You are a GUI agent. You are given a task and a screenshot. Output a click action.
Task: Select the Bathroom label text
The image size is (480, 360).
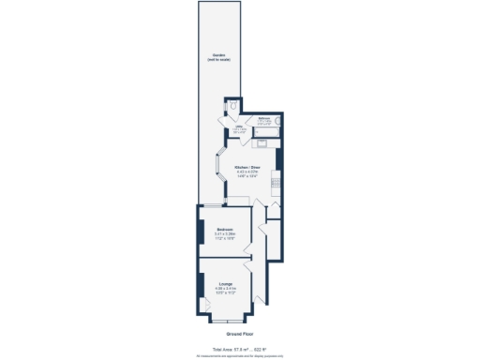pyautogui.click(x=264, y=118)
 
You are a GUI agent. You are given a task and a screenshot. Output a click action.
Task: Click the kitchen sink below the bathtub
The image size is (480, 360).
pyautogui.click(x=263, y=143)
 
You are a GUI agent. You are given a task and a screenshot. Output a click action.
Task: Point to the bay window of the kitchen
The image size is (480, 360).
pyautogui.click(x=218, y=169)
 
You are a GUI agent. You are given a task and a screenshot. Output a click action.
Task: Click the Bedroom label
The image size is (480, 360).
pyautogui.click(x=225, y=229)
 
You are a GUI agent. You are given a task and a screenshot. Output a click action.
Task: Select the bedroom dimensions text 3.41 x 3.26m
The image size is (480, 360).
pyautogui.click(x=225, y=234)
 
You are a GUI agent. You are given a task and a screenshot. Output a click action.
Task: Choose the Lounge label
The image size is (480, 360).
pyautogui.click(x=226, y=282)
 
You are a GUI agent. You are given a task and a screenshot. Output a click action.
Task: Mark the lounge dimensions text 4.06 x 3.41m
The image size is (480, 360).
pyautogui.click(x=226, y=288)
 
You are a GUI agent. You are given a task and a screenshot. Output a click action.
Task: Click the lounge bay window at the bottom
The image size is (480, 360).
pyautogui.click(x=228, y=320)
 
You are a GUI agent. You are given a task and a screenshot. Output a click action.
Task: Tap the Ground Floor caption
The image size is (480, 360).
pyautogui.click(x=239, y=334)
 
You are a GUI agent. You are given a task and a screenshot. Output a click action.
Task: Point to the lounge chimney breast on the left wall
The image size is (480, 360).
pyautogui.click(x=200, y=285)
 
